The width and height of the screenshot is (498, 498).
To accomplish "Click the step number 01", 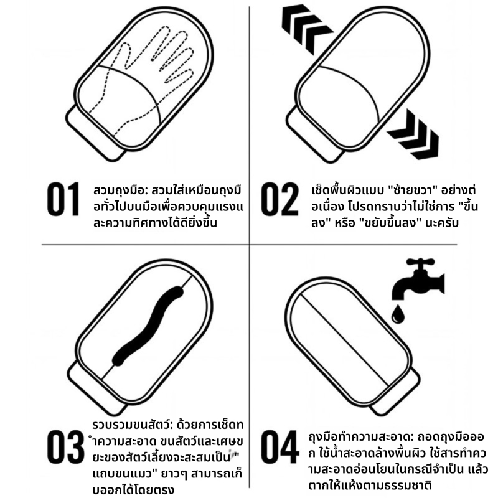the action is (63, 199).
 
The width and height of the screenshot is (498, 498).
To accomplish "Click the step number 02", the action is (280, 199).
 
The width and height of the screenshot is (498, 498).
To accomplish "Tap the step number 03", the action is (66, 447).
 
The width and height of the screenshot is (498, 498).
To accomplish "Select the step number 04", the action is (280, 447).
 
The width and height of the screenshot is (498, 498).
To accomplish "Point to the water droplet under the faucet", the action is (398, 314).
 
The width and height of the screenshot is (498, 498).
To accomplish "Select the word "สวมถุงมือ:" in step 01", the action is (120, 191).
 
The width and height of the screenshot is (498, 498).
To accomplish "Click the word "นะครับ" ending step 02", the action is (442, 223).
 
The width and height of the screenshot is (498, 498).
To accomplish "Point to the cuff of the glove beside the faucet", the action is (395, 392).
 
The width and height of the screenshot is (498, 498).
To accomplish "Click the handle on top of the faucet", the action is (420, 262).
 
